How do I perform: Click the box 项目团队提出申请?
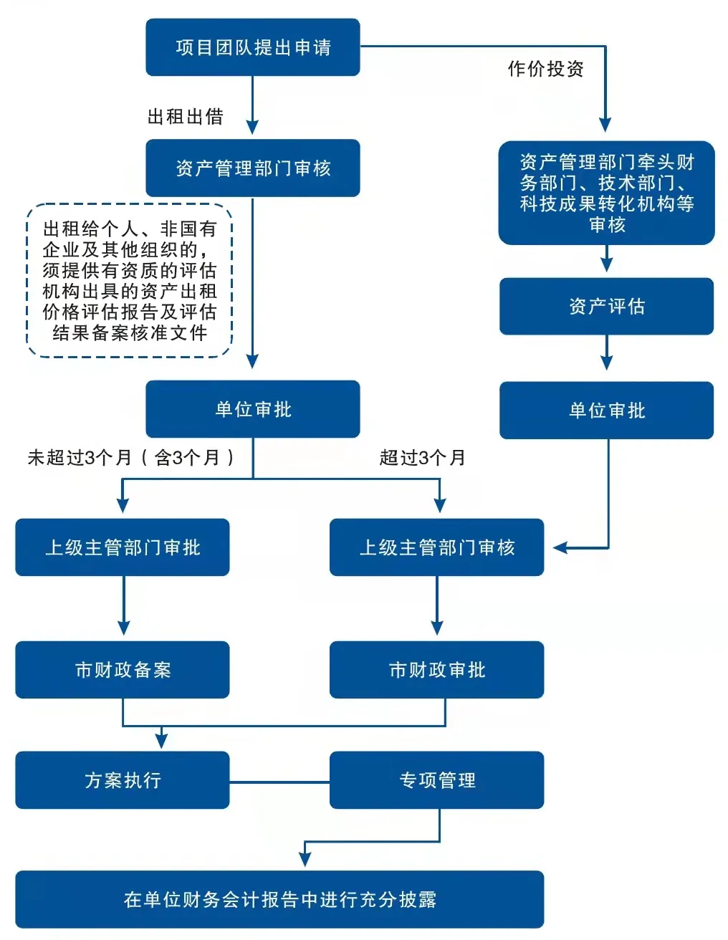tap(252, 47)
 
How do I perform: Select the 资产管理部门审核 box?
tap(252, 168)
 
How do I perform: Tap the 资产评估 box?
tap(606, 307)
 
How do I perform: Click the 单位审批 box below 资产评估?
tap(606, 411)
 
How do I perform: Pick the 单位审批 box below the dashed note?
tap(252, 409)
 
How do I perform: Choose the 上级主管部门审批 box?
tap(123, 547)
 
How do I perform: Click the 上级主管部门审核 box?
tap(436, 547)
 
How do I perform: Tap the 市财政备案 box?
tap(123, 670)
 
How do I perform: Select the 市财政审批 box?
tap(436, 670)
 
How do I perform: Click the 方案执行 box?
tap(123, 780)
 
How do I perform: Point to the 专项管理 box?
tap(436, 780)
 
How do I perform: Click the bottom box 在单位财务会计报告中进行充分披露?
tap(279, 900)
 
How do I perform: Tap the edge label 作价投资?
tap(545, 69)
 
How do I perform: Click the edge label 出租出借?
tap(185, 117)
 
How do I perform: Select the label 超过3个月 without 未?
tap(422, 458)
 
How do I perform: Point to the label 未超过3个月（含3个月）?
tap(130, 458)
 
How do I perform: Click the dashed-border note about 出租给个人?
tap(130, 281)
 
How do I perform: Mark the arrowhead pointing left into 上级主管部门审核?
tap(560, 548)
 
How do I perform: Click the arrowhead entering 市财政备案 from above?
tap(123, 628)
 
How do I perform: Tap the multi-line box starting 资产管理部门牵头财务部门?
tap(606, 193)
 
